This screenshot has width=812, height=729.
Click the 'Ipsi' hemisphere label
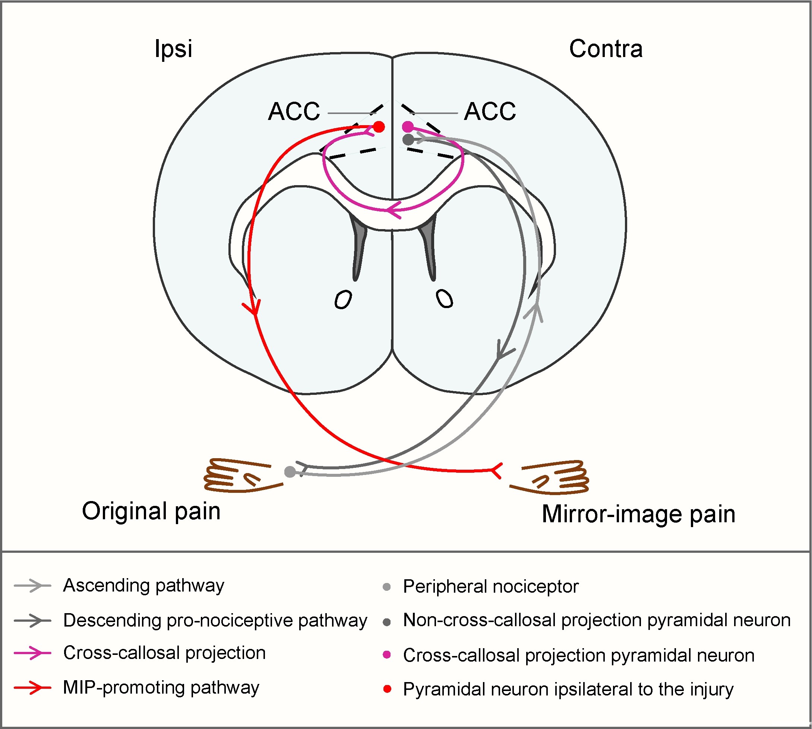(173, 49)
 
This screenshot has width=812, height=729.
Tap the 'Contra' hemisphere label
(606, 49)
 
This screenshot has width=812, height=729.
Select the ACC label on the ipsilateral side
(294, 111)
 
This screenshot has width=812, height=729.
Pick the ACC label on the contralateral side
(490, 111)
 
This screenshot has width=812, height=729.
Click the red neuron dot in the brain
(379, 127)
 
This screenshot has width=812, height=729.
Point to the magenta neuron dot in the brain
(407, 127)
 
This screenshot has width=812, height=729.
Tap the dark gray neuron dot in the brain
(408, 139)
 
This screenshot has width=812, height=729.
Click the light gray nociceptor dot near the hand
(290, 472)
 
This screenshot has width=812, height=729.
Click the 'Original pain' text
(151, 511)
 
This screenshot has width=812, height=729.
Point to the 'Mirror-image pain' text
(639, 514)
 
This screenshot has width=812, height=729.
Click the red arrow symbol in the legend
(33, 688)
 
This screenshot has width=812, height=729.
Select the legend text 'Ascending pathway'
(143, 586)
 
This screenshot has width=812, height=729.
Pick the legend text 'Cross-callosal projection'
(164, 653)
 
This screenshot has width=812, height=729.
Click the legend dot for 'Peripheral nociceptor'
(386, 587)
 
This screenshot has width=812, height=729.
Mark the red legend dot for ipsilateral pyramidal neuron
(387, 689)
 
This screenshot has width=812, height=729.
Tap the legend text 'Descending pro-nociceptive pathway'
(215, 621)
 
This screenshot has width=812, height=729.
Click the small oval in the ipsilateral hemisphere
(343, 299)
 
